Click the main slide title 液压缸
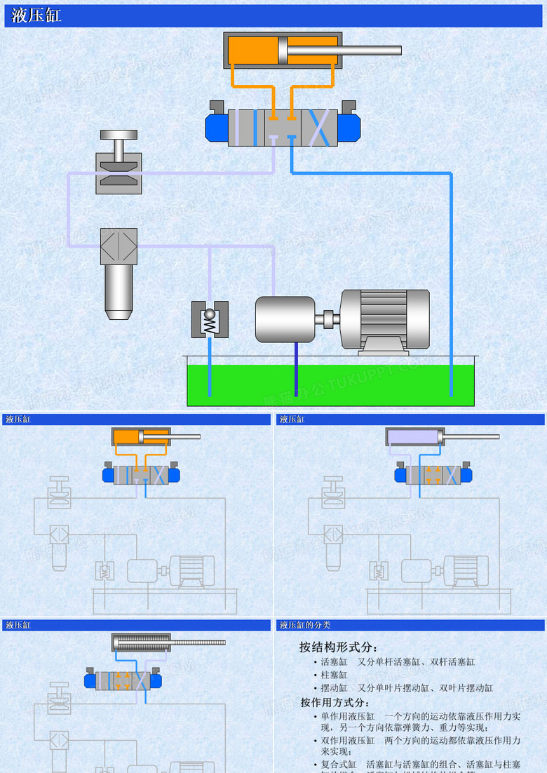[x=36, y=16]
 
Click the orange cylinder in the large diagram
[x=252, y=50]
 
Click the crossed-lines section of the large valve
[x=319, y=128]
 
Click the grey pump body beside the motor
[x=285, y=319]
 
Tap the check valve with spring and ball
[x=210, y=319]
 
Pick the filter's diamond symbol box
[x=119, y=246]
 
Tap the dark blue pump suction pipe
[x=296, y=368]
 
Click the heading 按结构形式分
[x=338, y=647]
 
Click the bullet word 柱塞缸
[x=334, y=675]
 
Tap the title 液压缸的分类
[x=305, y=624]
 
